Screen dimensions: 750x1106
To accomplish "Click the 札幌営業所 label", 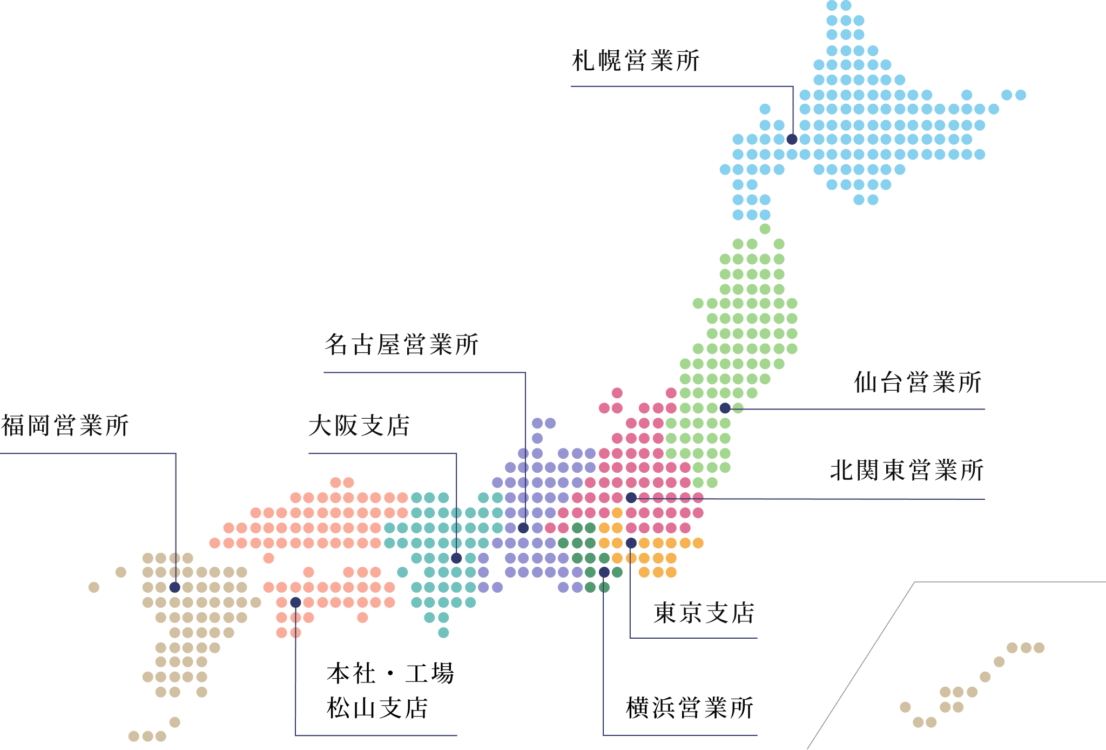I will (x=636, y=61).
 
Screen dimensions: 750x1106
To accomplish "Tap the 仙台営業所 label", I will (x=917, y=383).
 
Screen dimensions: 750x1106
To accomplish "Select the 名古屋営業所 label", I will (x=401, y=345).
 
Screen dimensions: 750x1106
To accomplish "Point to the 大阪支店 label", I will (x=359, y=426).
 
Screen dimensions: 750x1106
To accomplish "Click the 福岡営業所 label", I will (x=65, y=426).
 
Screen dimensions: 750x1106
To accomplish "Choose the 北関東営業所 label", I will (x=907, y=470).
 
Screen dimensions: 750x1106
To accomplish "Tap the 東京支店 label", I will (x=703, y=613).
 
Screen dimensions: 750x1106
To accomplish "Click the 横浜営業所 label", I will (x=690, y=708).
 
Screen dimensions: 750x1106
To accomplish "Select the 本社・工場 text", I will (x=390, y=674).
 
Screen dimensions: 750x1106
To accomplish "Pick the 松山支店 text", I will (x=377, y=708).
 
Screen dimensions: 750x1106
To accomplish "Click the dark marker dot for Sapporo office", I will (x=792, y=139).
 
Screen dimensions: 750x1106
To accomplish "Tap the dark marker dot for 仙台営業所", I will (x=725, y=408).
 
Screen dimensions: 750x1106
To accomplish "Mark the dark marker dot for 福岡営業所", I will (x=174, y=587).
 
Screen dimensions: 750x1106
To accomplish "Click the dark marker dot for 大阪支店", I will (x=456, y=558).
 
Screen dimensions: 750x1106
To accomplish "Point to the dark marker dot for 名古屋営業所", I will (x=523, y=528).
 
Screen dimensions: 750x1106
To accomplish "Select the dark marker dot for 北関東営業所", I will (x=631, y=498).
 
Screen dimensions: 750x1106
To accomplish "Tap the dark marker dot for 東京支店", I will (x=631, y=543).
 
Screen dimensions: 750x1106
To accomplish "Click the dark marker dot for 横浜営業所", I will (x=604, y=572).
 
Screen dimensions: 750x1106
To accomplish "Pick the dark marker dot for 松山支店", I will (x=295, y=602).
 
